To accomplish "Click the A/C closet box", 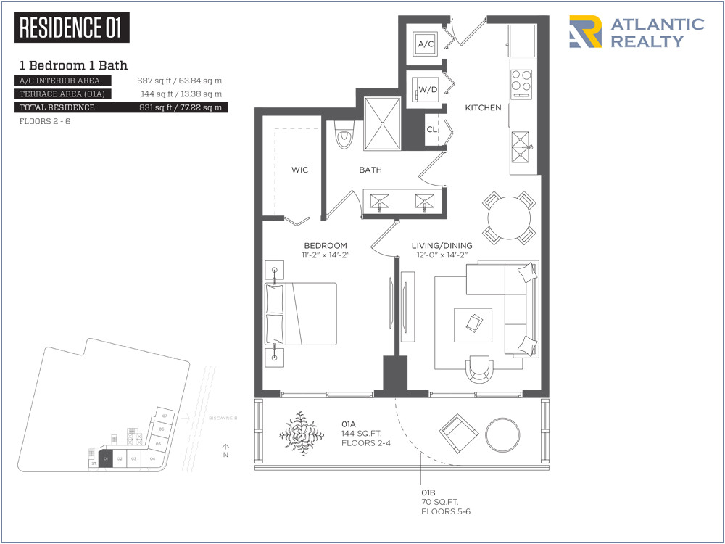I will (426, 44).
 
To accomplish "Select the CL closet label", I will (431, 130).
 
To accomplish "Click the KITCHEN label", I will (483, 108).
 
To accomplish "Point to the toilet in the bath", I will (344, 136).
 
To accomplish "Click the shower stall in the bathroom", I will (381, 123).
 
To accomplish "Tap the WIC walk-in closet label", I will (299, 170).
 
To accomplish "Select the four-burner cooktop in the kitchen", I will (521, 83).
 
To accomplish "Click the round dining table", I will (510, 218).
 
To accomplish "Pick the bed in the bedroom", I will (302, 314).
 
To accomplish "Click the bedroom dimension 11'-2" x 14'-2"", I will (325, 256).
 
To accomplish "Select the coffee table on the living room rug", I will (473, 323).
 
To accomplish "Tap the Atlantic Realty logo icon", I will (585, 32).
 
